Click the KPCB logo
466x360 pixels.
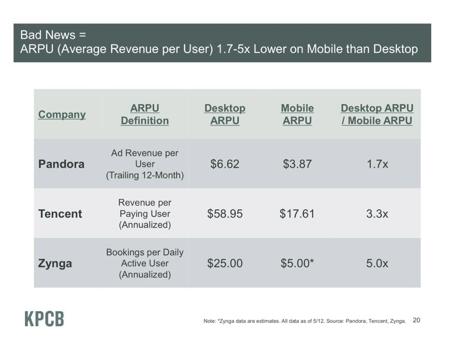point(45,319)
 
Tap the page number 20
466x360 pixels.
point(416,320)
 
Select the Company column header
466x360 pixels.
point(62,114)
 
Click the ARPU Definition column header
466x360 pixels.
point(145,114)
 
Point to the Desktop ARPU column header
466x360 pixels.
point(225,114)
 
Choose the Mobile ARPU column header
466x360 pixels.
point(297,114)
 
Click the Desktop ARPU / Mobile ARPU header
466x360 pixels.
point(377,114)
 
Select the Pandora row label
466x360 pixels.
point(61,164)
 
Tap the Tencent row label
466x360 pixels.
point(60,214)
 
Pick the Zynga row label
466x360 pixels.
point(55,264)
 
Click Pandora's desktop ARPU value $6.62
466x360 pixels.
point(225,164)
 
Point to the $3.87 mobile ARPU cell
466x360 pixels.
point(297,164)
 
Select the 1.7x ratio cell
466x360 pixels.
point(377,164)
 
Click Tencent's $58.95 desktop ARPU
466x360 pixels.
point(225,214)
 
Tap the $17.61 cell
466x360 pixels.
point(297,214)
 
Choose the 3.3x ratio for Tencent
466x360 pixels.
point(377,214)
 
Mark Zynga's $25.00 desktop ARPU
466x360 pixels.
point(225,263)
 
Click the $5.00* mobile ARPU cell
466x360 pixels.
point(297,263)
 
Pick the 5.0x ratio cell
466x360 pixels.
point(377,263)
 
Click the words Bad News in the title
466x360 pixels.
point(48,35)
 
